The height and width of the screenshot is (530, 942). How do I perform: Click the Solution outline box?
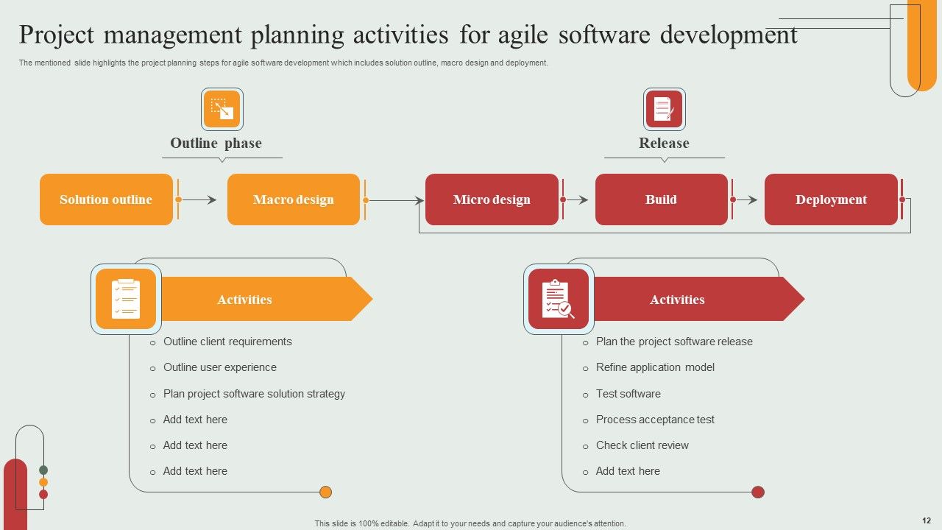(x=106, y=199)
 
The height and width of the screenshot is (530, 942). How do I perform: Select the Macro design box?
(x=294, y=199)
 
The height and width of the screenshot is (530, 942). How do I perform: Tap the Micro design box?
(x=492, y=199)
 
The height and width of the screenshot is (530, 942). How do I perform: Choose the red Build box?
(x=661, y=199)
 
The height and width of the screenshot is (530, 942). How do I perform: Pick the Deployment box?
(x=831, y=199)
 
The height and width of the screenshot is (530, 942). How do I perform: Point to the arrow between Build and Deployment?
(x=746, y=199)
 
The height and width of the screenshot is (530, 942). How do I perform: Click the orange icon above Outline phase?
(x=222, y=110)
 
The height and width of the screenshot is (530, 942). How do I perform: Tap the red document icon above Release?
(x=664, y=110)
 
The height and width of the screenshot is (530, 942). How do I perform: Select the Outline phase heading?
(x=216, y=144)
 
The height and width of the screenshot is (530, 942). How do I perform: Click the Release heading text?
(x=664, y=144)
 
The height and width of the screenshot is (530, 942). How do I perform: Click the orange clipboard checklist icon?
(x=126, y=299)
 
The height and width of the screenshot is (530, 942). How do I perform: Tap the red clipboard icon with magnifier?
(x=559, y=299)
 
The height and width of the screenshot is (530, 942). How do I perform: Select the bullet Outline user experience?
(x=220, y=367)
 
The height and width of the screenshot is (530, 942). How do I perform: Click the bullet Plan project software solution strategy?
(x=254, y=394)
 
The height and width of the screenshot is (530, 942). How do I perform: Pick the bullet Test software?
(x=628, y=394)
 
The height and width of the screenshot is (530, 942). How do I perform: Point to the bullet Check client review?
(x=642, y=445)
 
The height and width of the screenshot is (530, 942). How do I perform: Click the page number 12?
(x=926, y=520)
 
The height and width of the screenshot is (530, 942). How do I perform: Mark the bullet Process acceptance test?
(x=655, y=420)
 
